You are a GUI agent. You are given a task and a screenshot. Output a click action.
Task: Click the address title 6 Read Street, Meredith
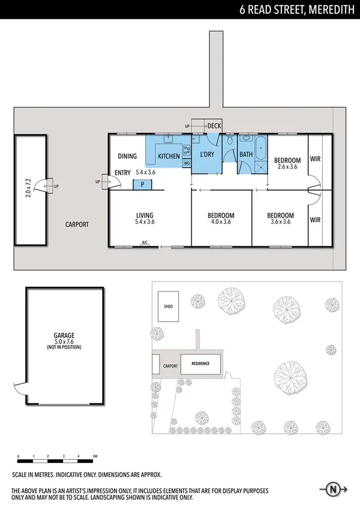coord(296,9)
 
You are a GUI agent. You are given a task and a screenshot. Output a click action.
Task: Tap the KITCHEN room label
coord(169,156)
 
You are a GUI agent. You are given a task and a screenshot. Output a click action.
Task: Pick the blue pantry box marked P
coord(142,185)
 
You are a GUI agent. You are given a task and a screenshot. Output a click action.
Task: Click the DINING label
coord(127,156)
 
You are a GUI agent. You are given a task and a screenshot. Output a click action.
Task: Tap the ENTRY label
coord(123,173)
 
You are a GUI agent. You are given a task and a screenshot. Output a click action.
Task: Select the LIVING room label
coord(144,215)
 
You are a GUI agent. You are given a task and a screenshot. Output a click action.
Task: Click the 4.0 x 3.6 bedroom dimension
coord(221,222)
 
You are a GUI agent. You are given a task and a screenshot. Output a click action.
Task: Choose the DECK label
coord(214,126)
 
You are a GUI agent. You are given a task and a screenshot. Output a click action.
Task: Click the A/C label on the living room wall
coord(144,243)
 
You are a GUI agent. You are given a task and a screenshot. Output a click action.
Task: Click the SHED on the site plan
coord(168,307)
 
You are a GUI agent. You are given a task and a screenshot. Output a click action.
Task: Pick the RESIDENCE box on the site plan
coord(200,363)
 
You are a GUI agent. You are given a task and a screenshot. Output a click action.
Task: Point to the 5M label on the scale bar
coord(94,456)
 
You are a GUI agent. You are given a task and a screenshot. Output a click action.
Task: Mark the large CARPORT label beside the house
coord(77,224)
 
